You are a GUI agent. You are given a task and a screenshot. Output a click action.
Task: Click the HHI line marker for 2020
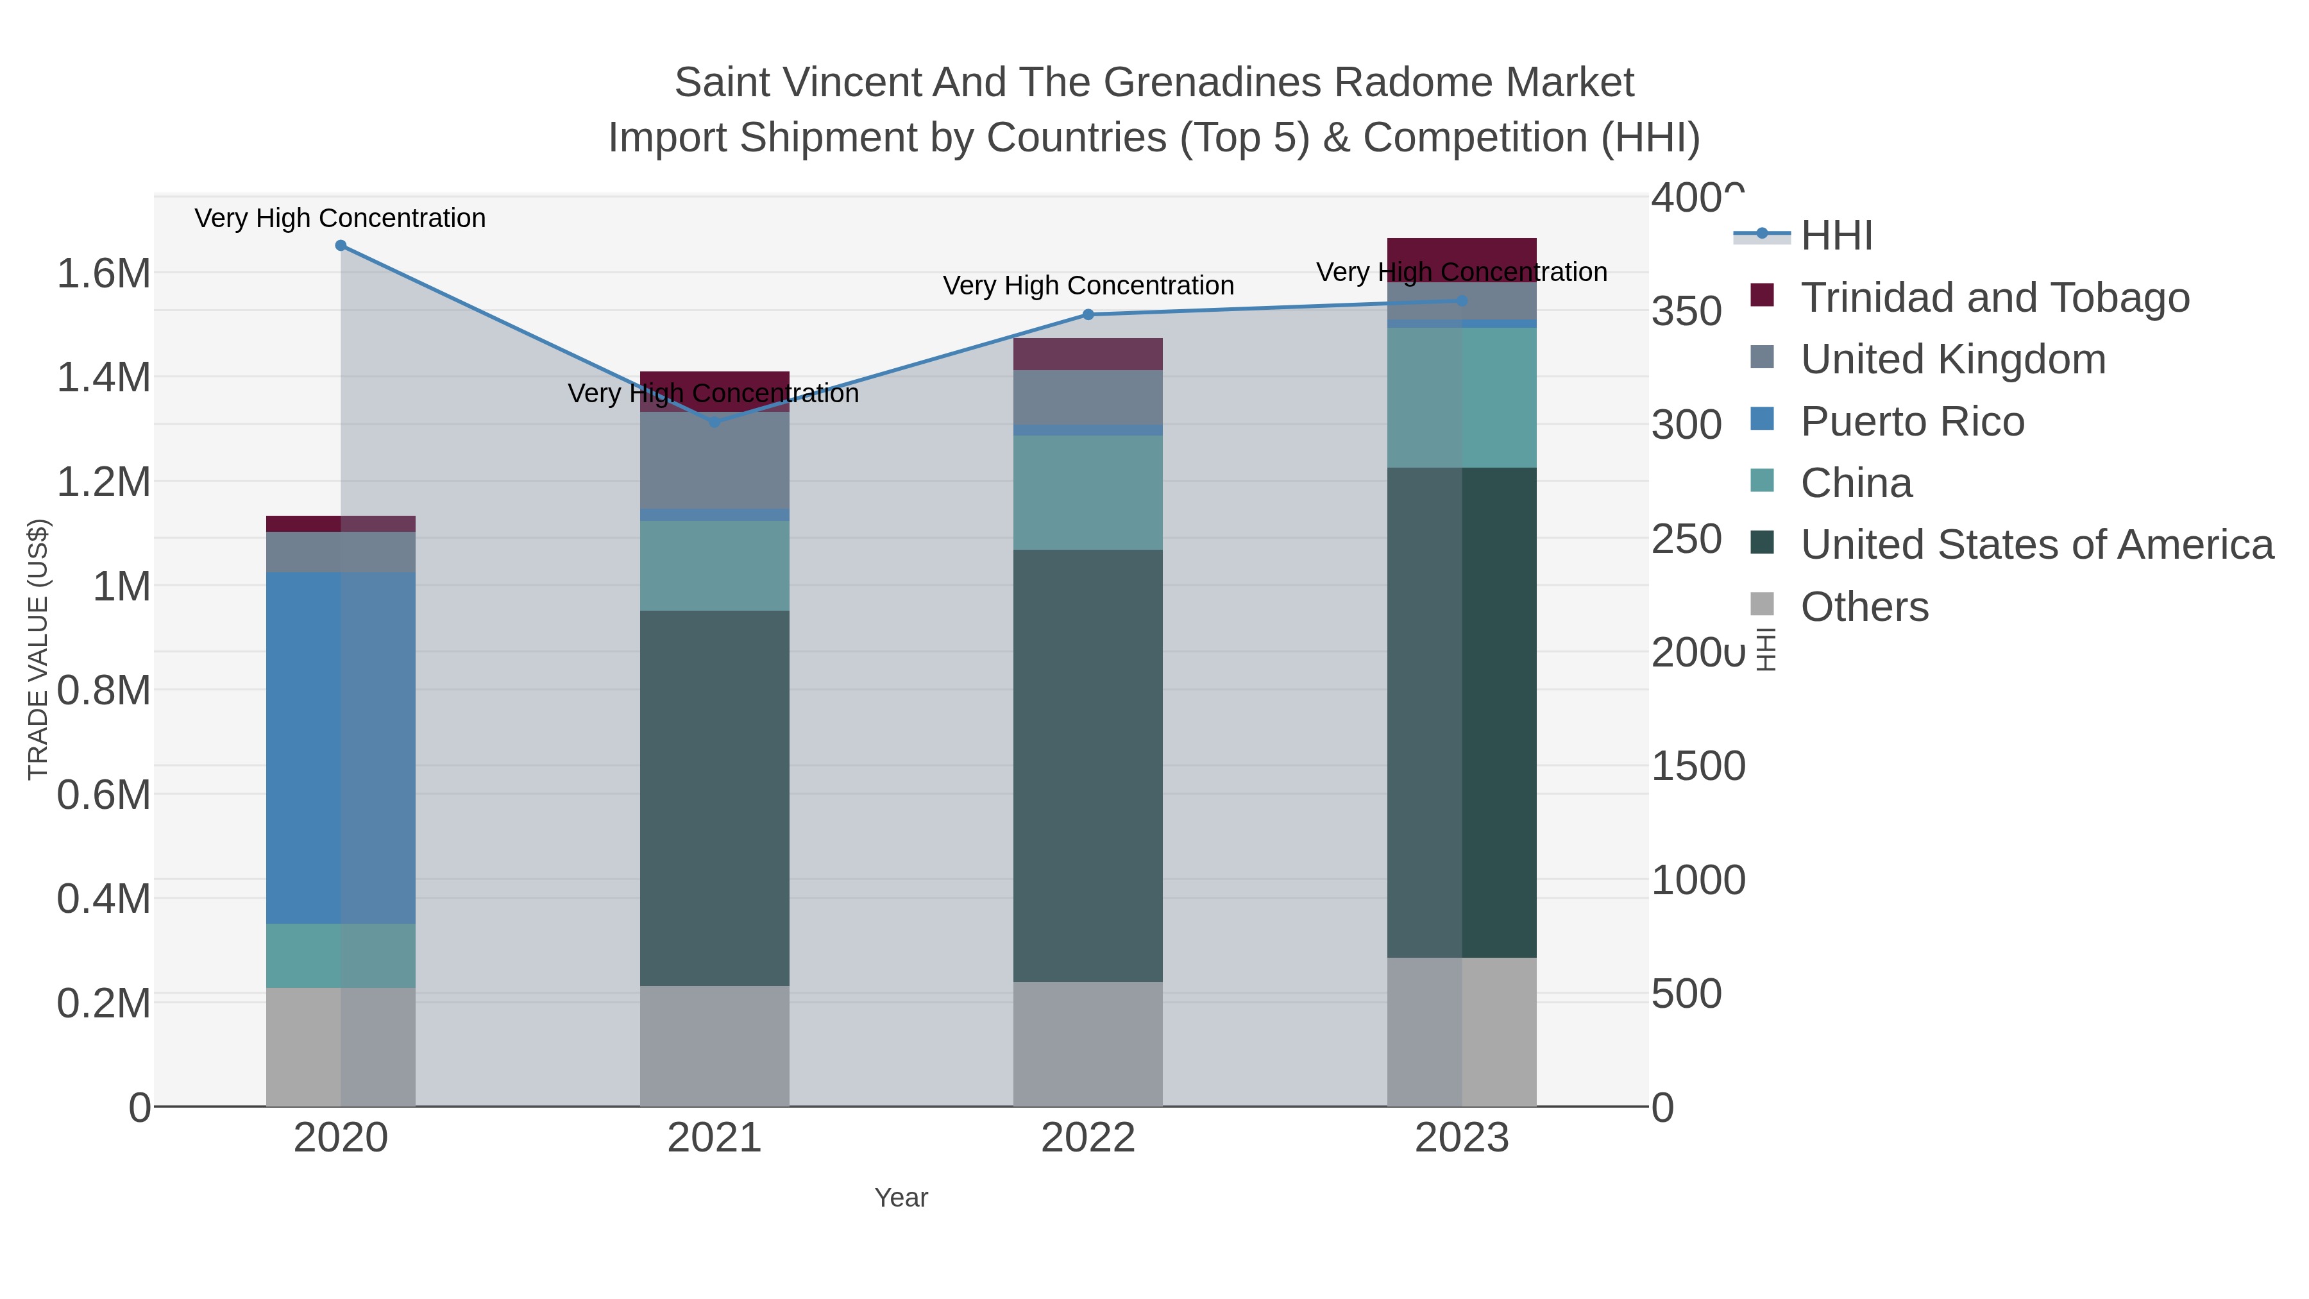[x=341, y=246]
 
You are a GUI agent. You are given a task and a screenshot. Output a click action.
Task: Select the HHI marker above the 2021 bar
[x=715, y=422]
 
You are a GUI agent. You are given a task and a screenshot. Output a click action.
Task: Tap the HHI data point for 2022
[x=1088, y=315]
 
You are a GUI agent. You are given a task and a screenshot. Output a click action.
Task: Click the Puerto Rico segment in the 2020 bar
[x=341, y=748]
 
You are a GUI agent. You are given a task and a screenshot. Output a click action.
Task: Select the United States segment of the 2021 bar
[x=715, y=798]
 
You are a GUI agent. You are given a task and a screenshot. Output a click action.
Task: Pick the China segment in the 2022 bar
[x=1088, y=492]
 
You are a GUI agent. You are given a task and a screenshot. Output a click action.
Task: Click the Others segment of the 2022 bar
[x=1088, y=1044]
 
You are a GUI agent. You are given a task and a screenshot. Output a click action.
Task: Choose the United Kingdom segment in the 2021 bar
[x=715, y=460]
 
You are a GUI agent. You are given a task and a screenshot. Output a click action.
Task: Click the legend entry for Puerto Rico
[x=1912, y=421]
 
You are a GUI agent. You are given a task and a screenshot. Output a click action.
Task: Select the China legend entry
[x=1856, y=483]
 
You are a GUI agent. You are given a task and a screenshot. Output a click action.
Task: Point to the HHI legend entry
[x=1837, y=236]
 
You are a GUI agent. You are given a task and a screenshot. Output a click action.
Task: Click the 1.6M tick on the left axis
[x=104, y=273]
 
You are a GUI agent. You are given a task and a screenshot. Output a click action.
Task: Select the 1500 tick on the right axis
[x=1698, y=767]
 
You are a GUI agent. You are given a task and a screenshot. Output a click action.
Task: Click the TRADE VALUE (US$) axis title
[x=38, y=649]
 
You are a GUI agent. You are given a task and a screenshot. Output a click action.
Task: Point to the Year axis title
[x=901, y=1198]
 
